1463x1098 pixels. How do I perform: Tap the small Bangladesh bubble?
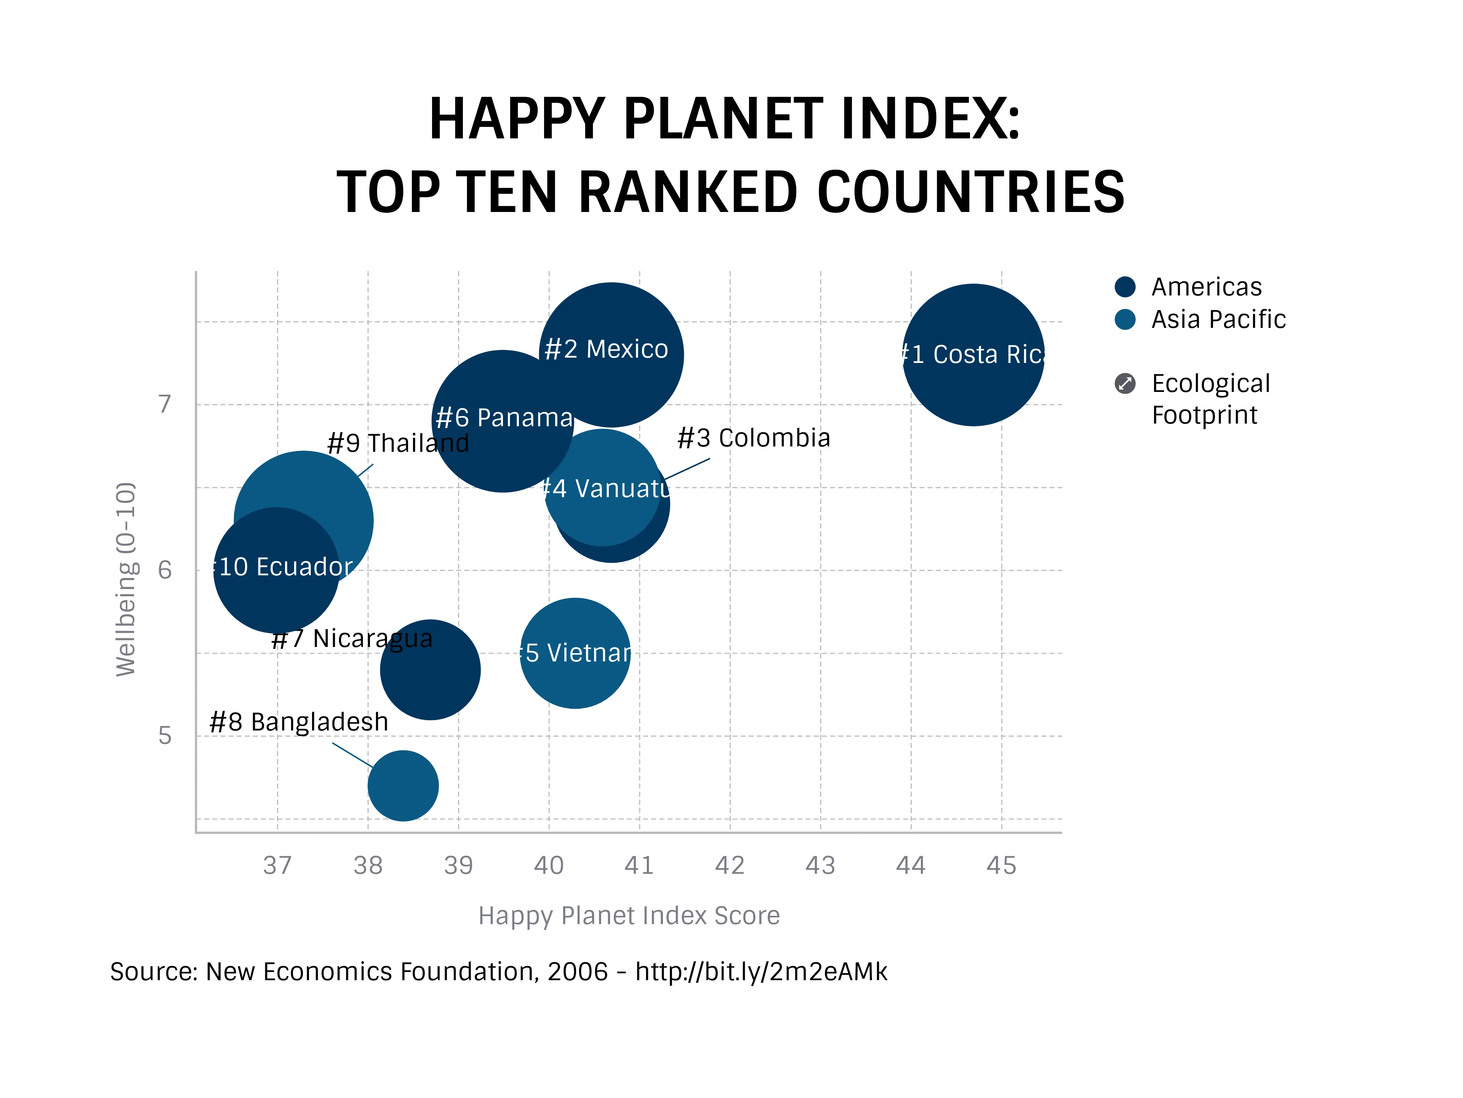(x=403, y=786)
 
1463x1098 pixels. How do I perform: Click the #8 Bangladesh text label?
(x=298, y=722)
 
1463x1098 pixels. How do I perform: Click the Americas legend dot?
(x=1124, y=287)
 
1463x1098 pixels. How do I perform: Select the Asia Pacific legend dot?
(x=1124, y=319)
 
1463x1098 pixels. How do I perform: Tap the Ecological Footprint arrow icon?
(x=1124, y=383)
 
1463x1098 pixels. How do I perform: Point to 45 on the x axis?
(x=1001, y=865)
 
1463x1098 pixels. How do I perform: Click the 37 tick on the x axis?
(x=277, y=865)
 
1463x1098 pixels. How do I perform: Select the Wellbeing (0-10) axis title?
(x=126, y=579)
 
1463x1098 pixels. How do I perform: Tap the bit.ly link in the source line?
(x=760, y=971)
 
